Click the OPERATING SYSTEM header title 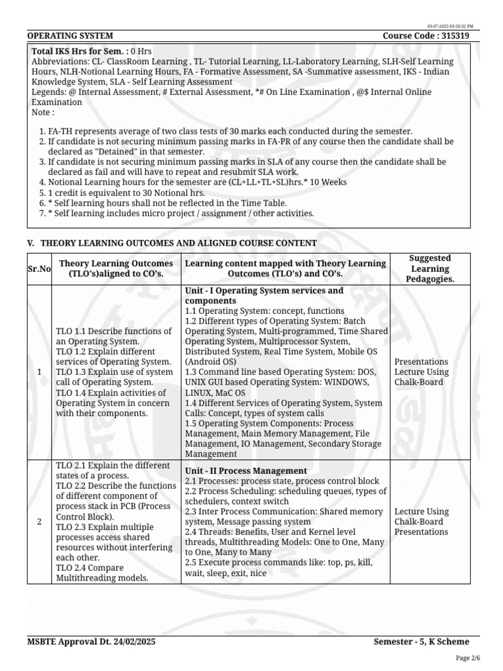coord(70,36)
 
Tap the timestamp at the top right coord(450,26)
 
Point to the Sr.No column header coord(39,269)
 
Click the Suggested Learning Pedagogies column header coord(430,269)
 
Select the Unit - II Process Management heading coord(246,470)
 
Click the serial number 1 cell coord(39,372)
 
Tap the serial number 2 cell coord(39,522)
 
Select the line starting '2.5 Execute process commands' coord(279,562)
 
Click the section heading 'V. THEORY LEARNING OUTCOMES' coord(172,243)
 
